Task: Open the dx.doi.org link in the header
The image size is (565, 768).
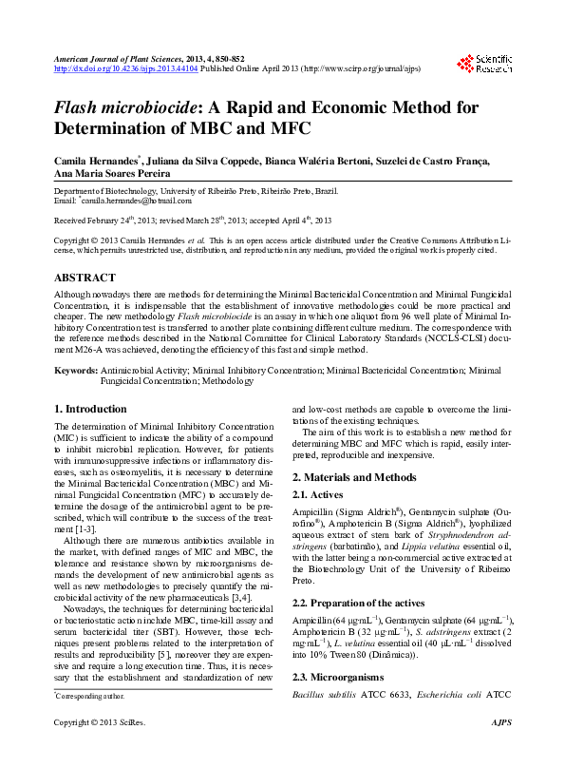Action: click(125, 68)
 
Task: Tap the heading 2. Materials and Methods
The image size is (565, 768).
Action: click(353, 477)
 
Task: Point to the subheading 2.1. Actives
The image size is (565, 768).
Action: click(319, 494)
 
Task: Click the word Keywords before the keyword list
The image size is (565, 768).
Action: click(75, 370)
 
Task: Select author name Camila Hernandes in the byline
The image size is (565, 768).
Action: click(95, 163)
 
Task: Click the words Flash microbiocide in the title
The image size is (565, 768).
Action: click(131, 107)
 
